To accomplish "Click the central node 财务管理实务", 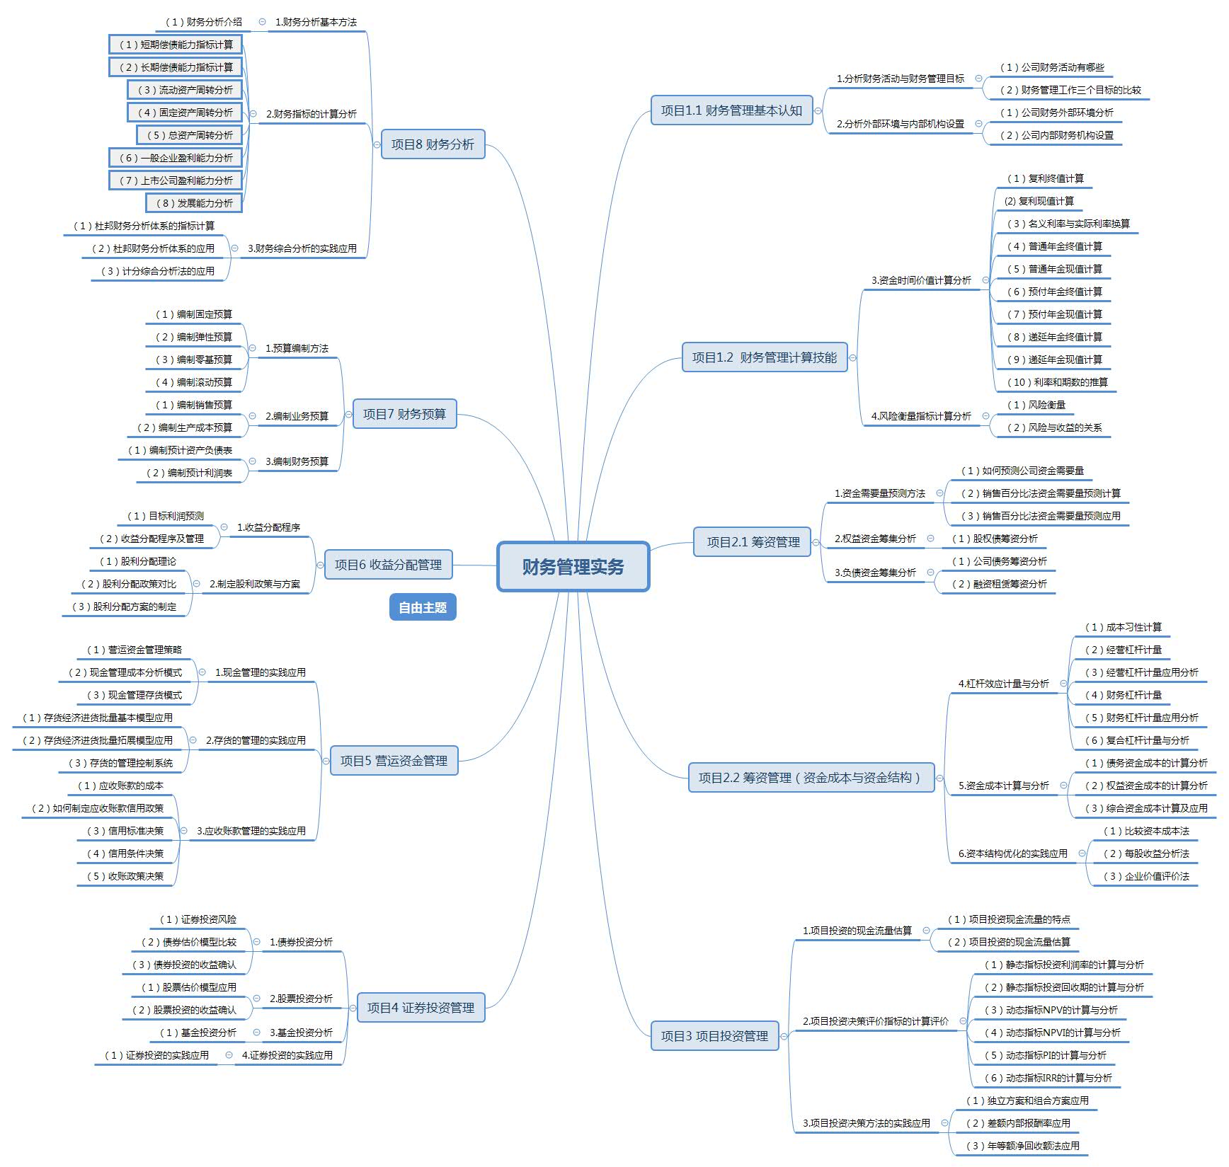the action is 573,566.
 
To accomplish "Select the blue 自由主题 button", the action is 423,607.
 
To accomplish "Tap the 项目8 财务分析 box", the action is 433,144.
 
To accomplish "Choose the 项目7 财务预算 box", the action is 404,414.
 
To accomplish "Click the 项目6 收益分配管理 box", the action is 388,565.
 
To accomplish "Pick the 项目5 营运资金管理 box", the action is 394,761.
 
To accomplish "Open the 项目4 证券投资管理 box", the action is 421,1008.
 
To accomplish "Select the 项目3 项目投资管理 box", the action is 714,1036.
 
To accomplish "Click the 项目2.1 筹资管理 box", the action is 753,542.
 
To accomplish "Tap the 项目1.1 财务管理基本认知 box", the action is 731,110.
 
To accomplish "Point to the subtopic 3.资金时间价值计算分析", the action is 921,280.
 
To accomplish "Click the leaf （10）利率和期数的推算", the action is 1058,382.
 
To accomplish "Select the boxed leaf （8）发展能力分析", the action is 195,203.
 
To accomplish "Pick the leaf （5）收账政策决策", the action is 125,876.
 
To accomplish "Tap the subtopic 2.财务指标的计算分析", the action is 311,114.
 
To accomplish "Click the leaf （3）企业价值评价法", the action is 1146,876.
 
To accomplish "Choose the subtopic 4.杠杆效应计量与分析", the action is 1003,684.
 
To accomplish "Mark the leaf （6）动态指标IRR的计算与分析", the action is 1048,1078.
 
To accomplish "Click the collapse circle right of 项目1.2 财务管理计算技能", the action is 852,358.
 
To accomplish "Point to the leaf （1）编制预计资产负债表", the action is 180,450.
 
